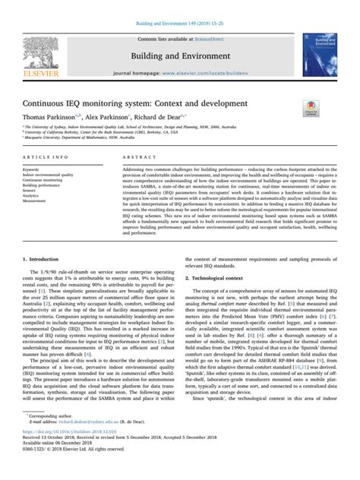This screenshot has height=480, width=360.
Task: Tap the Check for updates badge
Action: click(x=310, y=109)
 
